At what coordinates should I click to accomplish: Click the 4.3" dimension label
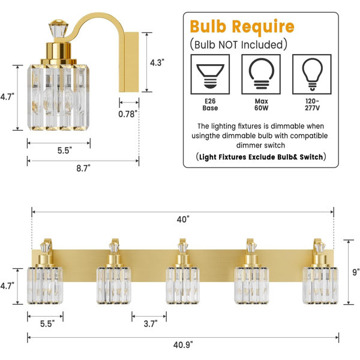[x=157, y=62]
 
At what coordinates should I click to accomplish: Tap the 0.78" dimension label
[x=128, y=114]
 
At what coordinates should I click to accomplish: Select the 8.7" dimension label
[x=83, y=168]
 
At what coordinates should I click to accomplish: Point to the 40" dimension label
[x=183, y=220]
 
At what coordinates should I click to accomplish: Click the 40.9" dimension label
[x=183, y=344]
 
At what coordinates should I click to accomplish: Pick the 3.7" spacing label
[x=151, y=324]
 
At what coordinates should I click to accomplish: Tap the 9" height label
[x=356, y=272]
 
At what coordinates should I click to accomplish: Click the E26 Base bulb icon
[x=210, y=74]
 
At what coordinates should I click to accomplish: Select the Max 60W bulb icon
[x=261, y=74]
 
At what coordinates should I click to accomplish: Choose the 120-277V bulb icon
[x=312, y=74]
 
